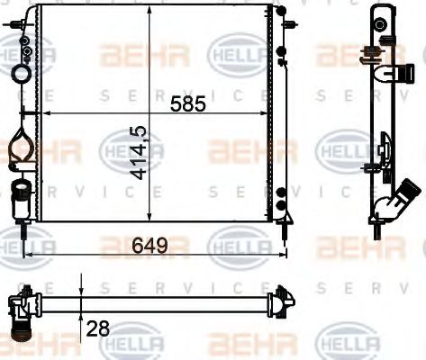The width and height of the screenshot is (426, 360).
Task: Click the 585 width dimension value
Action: coord(188,103)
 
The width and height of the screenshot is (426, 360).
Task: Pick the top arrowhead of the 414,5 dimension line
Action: coord(148,11)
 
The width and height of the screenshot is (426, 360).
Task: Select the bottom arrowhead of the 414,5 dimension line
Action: coord(148,217)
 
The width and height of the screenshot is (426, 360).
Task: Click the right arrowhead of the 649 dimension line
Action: coord(286,255)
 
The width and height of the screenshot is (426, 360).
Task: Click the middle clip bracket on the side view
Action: coord(385,145)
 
